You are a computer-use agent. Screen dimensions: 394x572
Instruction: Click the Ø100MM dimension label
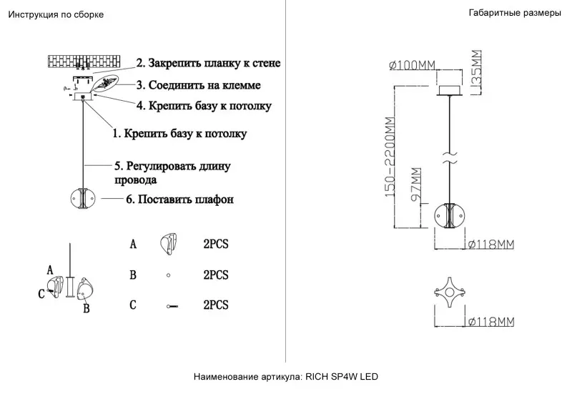point(413,66)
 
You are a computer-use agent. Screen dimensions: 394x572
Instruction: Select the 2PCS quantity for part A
point(216,245)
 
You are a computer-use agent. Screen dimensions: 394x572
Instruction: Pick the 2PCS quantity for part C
point(216,305)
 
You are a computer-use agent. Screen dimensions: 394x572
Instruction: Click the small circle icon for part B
point(168,275)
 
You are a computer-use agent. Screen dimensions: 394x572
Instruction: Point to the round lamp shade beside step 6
point(85,197)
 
